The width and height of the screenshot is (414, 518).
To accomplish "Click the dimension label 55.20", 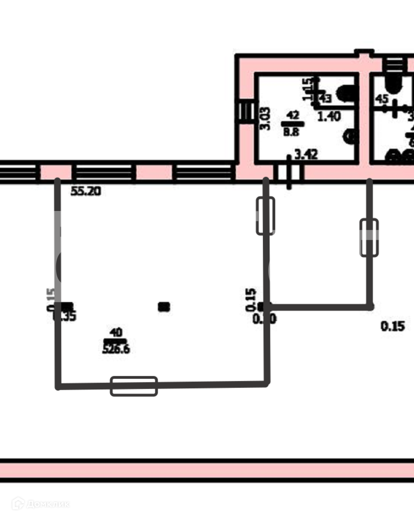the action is click(x=86, y=192).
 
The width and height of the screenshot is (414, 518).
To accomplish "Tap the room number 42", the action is click(x=292, y=114).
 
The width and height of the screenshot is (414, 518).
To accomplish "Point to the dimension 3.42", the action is click(x=306, y=155).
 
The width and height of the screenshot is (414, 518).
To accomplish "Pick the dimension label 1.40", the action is click(x=329, y=116).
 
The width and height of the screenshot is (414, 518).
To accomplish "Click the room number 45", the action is click(x=382, y=99).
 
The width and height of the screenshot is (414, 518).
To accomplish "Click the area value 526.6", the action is click(x=116, y=349).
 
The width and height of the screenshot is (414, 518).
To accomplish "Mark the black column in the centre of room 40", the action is click(x=164, y=307).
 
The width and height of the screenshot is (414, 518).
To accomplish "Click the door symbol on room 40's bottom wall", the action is click(x=134, y=386).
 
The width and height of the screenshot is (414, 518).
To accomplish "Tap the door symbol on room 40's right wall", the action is click(x=265, y=216).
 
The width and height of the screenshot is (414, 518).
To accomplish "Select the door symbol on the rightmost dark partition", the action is click(x=369, y=237).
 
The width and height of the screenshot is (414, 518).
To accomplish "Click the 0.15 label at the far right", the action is click(x=392, y=326).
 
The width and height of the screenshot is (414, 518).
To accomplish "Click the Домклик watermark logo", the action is click(x=41, y=504).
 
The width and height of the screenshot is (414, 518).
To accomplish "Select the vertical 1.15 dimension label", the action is click(x=308, y=90).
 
